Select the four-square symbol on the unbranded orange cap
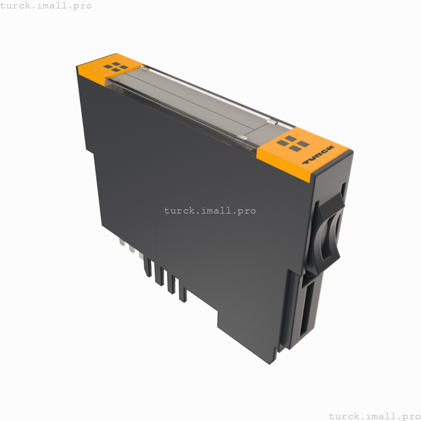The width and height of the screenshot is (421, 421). tap(115, 66)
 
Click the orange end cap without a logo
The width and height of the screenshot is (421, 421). tap(108, 67)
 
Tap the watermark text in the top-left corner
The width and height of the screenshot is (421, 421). tap(46, 5)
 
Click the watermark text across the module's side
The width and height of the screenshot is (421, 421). tap(210, 210)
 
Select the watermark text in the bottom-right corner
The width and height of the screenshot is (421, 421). tap(374, 416)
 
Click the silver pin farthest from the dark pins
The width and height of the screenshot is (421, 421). tap(122, 243)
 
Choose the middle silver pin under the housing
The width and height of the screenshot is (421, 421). tap(132, 248)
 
